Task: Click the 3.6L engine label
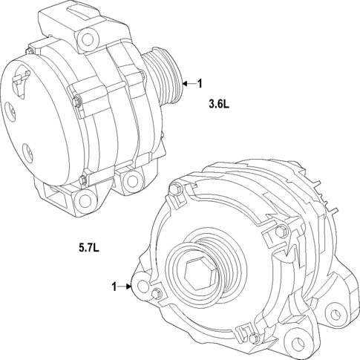[x=219, y=105]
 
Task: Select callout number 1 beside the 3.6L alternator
[x=200, y=84]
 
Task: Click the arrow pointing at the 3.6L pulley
[x=187, y=84]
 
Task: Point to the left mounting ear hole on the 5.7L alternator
[x=142, y=287]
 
